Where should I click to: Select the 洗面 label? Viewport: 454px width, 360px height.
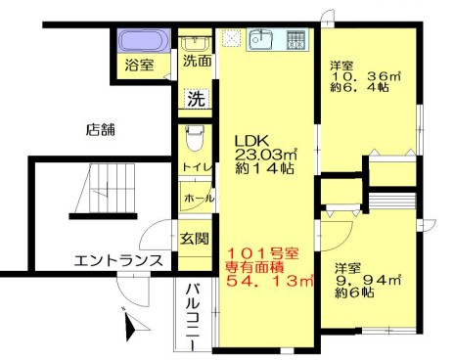(x=197, y=61)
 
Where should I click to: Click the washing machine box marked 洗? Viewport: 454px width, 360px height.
(x=196, y=98)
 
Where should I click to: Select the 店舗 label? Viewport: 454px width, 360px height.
(x=102, y=128)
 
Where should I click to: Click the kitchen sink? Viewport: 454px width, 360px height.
(x=260, y=41)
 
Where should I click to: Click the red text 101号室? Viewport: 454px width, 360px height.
(x=259, y=253)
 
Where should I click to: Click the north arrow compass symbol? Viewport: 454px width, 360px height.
(x=128, y=322)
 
